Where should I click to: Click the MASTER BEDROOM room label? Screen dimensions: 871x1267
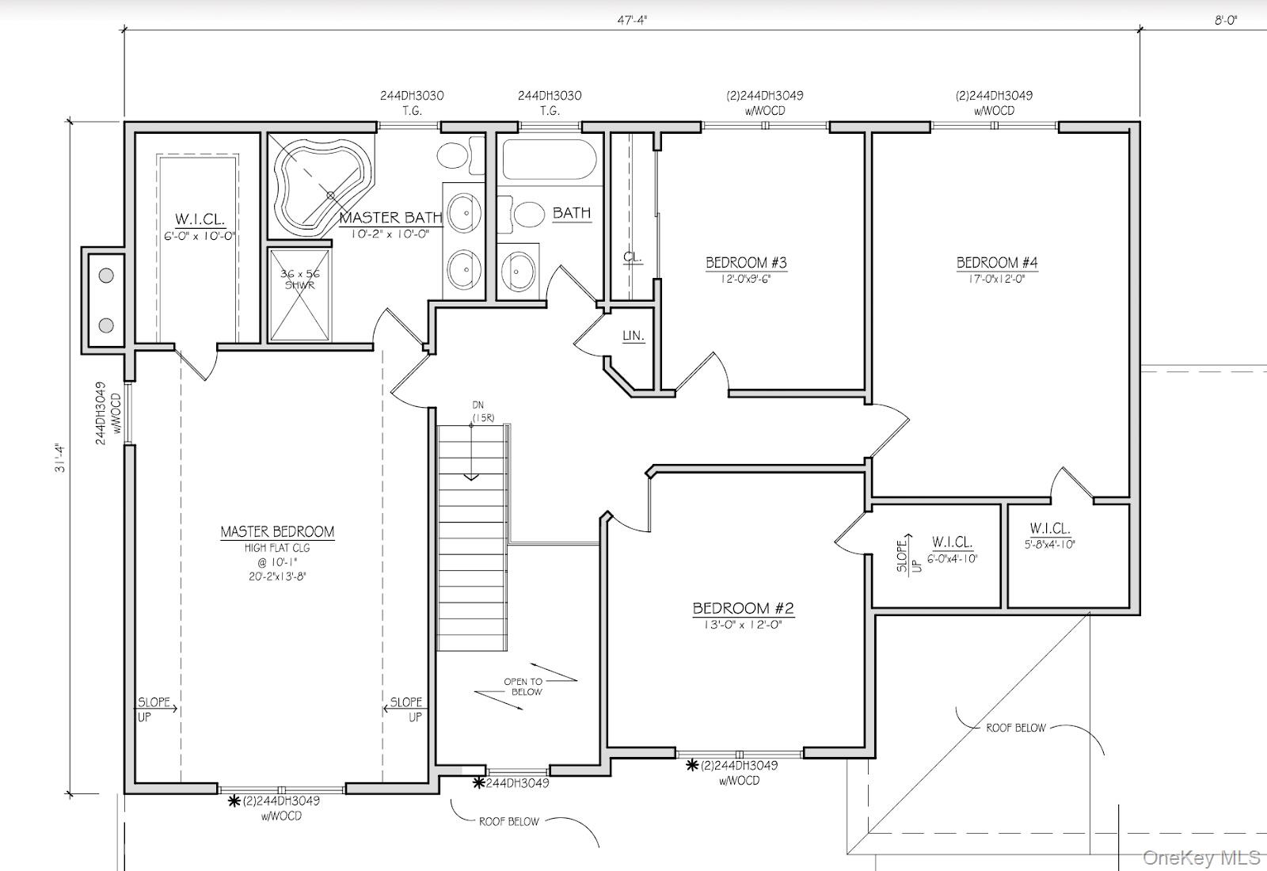pyautogui.click(x=277, y=532)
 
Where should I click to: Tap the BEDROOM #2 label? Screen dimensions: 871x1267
pyautogui.click(x=743, y=608)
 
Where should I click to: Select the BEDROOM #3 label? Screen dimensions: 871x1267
pyautogui.click(x=746, y=263)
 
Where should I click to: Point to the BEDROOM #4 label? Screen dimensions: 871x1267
pyautogui.click(x=997, y=263)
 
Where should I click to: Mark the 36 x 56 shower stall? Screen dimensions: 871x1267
pyautogui.click(x=299, y=294)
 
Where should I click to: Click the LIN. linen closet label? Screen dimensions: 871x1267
pyautogui.click(x=633, y=336)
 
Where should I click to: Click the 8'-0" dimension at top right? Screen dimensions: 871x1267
pyautogui.click(x=1225, y=21)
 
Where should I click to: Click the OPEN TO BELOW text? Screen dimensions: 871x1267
pyautogui.click(x=523, y=686)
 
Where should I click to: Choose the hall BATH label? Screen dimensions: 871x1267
pyautogui.click(x=571, y=213)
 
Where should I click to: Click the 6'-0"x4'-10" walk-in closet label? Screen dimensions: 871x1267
pyautogui.click(x=952, y=558)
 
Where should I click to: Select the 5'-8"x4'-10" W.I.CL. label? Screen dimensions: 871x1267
pyautogui.click(x=1050, y=544)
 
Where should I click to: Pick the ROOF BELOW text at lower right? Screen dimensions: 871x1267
pyautogui.click(x=1016, y=727)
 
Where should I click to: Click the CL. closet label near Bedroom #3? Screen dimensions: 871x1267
pyautogui.click(x=632, y=257)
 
